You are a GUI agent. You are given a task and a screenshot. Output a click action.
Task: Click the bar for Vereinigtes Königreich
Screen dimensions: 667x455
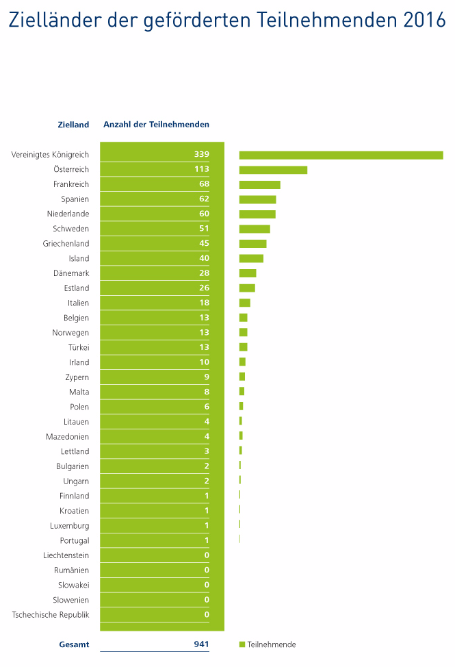click(x=341, y=155)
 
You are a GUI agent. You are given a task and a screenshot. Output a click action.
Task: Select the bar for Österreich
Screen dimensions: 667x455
click(x=273, y=170)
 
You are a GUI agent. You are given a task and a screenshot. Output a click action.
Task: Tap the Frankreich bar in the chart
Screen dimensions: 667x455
click(x=259, y=184)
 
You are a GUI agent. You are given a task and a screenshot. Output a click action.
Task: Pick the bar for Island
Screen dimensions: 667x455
click(x=251, y=258)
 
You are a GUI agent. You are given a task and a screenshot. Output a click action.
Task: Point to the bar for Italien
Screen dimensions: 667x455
click(x=244, y=303)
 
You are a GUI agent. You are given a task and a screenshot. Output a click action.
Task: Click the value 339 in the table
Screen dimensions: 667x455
click(x=201, y=155)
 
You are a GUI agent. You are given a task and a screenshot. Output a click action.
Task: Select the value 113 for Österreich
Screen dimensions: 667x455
click(x=201, y=169)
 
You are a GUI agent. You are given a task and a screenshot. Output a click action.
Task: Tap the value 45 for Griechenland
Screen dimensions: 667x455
click(x=204, y=244)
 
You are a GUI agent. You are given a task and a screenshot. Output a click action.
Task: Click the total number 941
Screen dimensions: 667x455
click(x=201, y=644)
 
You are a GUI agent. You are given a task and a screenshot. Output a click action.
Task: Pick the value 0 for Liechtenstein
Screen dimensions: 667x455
click(x=207, y=555)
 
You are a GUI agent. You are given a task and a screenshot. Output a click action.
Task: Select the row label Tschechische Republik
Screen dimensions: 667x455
click(x=51, y=615)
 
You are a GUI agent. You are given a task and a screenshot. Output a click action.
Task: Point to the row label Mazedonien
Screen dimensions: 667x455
click(x=67, y=437)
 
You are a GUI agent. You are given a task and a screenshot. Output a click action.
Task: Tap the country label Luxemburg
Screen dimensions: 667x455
click(x=69, y=526)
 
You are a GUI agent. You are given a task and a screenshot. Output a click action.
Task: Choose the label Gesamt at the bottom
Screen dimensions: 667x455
click(x=74, y=644)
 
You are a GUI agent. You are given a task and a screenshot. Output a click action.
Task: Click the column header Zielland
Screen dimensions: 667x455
click(x=73, y=125)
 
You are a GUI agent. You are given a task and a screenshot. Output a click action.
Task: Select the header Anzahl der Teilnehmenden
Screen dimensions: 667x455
click(x=156, y=125)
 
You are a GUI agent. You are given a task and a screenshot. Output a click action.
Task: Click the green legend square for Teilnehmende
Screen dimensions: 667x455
click(x=242, y=644)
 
